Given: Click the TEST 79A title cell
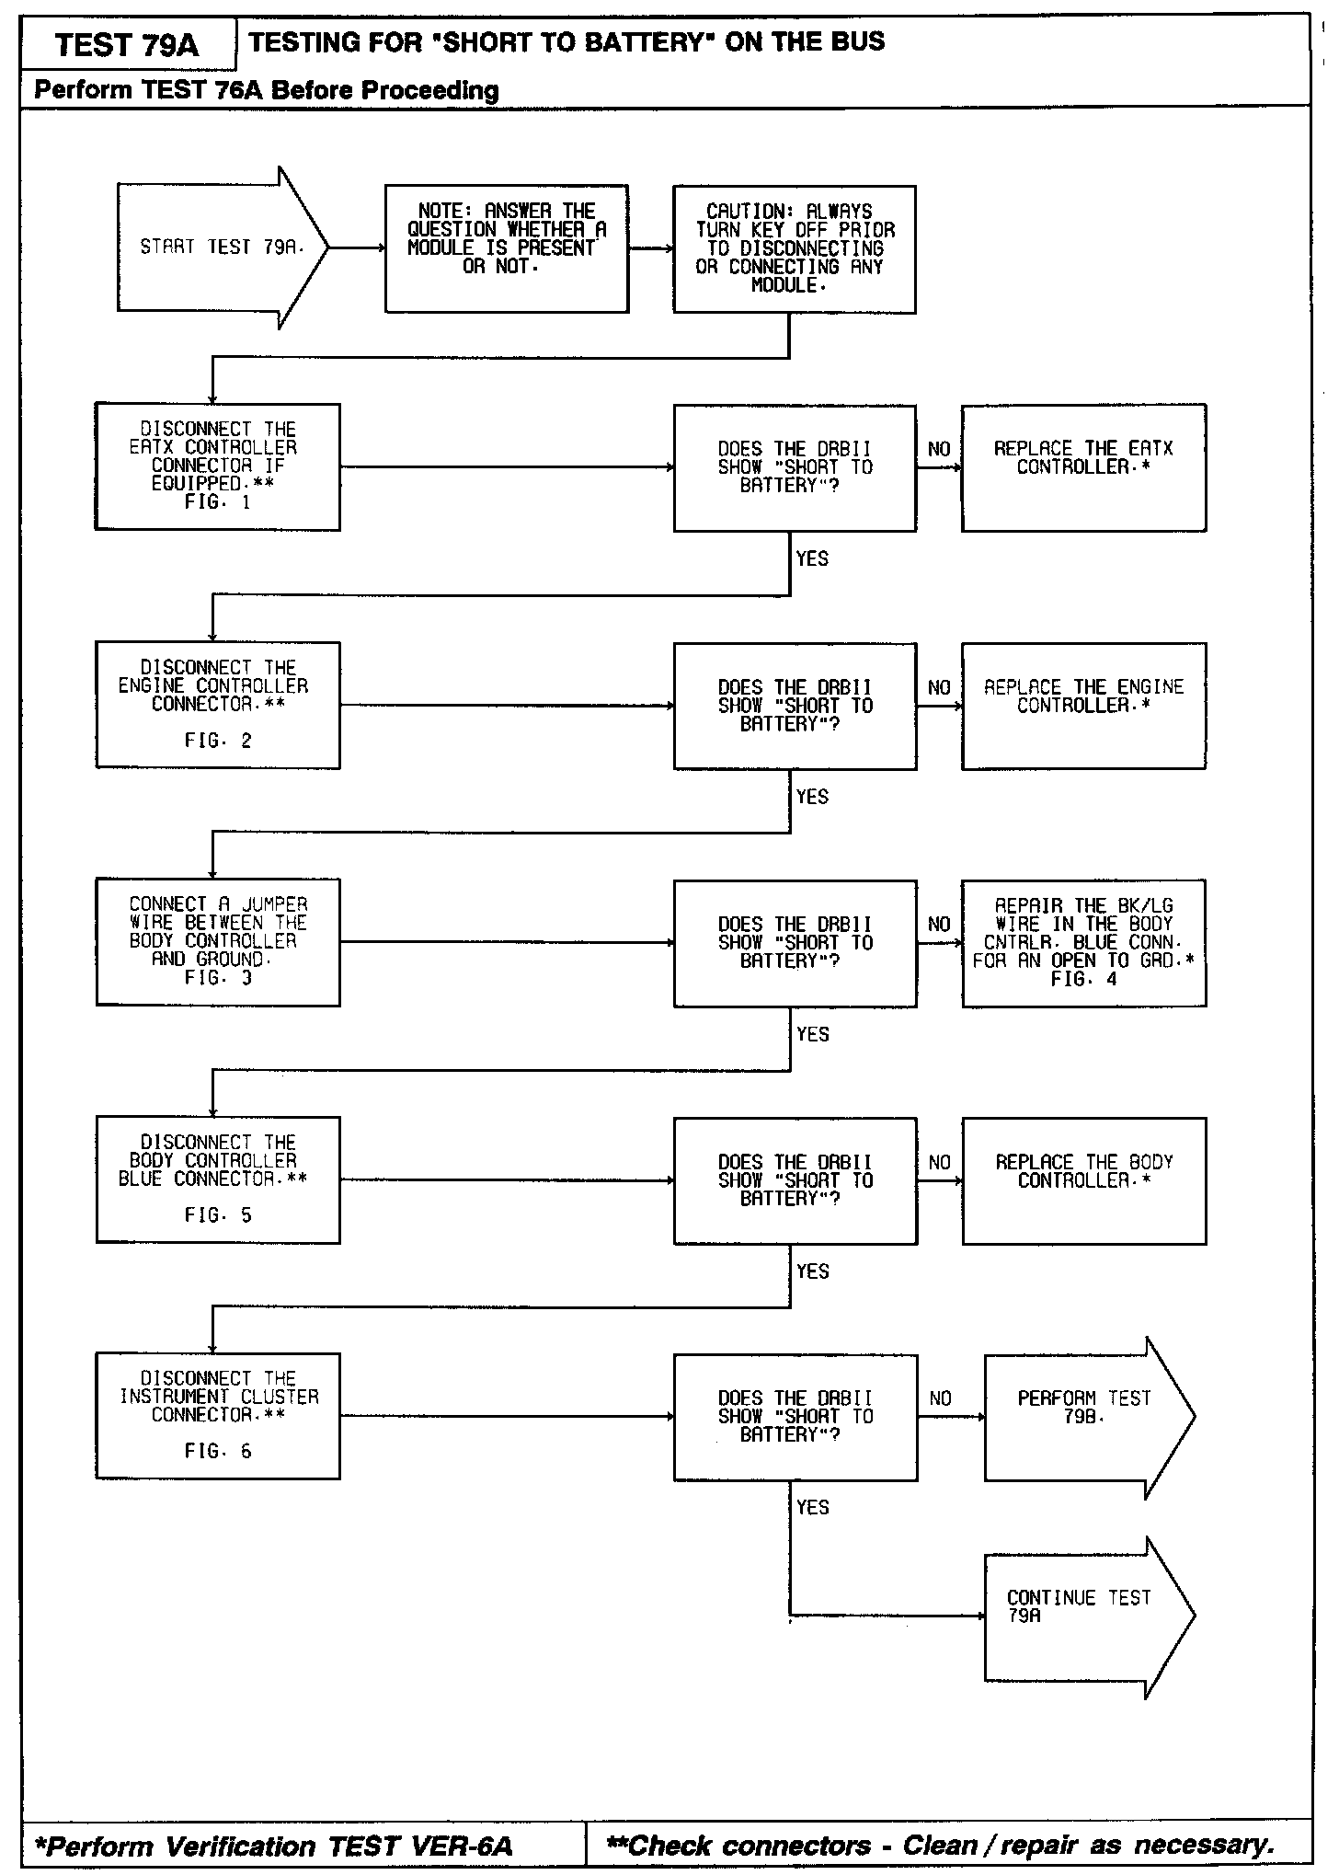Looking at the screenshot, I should [x=127, y=45].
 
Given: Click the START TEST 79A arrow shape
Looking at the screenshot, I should [x=221, y=247].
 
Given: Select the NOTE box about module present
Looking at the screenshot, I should [x=507, y=248].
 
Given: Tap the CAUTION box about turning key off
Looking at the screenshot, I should [x=794, y=248].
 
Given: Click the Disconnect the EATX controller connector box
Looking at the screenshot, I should [x=218, y=466].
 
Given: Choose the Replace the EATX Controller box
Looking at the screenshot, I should [x=1083, y=467].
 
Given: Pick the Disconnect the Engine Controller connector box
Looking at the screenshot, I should [x=218, y=705].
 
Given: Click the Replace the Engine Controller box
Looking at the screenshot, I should [x=1083, y=706].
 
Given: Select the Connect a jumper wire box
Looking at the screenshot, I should [x=218, y=942].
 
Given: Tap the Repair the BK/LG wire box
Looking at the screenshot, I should [x=1083, y=943].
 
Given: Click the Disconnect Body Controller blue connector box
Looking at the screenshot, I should [x=218, y=1179].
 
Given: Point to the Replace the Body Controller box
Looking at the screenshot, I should [x=1083, y=1180].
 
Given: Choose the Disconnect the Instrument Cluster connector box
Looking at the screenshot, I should [x=218, y=1416].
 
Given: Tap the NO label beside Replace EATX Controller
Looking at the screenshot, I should [x=939, y=449].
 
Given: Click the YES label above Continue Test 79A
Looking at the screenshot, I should [x=812, y=1507].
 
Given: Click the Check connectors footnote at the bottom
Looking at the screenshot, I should [x=941, y=1846].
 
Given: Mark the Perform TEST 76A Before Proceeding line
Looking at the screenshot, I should [x=267, y=90].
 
